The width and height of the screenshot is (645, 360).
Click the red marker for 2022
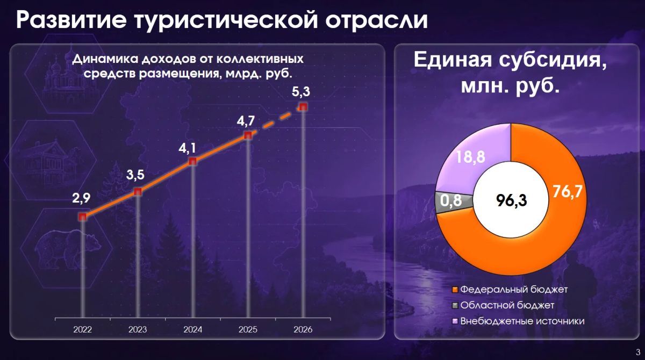(83, 217)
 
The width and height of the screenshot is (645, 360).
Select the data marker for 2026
(303, 107)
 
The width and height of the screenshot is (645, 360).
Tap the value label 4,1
(187, 148)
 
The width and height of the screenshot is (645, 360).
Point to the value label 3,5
(135, 175)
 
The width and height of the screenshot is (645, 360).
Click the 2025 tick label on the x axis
(248, 329)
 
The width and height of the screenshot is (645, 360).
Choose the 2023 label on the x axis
(138, 329)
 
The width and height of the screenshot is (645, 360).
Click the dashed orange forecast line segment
(276, 121)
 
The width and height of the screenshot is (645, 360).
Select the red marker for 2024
(192, 161)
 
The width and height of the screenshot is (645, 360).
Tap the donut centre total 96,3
(511, 200)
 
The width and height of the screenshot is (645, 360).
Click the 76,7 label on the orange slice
(567, 191)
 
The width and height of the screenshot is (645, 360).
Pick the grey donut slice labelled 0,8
(454, 203)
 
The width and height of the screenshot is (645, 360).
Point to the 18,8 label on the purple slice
(470, 157)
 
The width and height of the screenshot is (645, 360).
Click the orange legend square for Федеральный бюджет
(455, 290)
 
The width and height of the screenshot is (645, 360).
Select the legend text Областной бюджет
(507, 305)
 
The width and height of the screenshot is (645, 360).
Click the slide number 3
(638, 352)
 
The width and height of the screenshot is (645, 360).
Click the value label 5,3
(301, 91)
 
